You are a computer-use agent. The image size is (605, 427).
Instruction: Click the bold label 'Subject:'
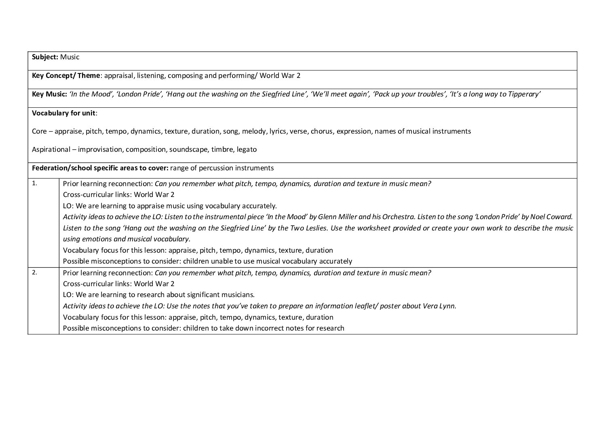click(x=45, y=57)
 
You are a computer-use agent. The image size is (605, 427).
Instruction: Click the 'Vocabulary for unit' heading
click(x=64, y=113)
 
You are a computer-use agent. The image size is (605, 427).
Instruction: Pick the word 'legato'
click(x=247, y=149)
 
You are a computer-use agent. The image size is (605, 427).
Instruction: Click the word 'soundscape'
click(x=188, y=149)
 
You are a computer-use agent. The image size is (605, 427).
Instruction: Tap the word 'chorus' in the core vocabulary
click(x=322, y=131)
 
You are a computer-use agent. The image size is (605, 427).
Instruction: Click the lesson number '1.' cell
click(x=35, y=183)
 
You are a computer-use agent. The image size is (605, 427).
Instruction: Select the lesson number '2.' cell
click(x=35, y=272)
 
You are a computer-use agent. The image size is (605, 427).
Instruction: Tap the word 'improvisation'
click(x=100, y=149)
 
